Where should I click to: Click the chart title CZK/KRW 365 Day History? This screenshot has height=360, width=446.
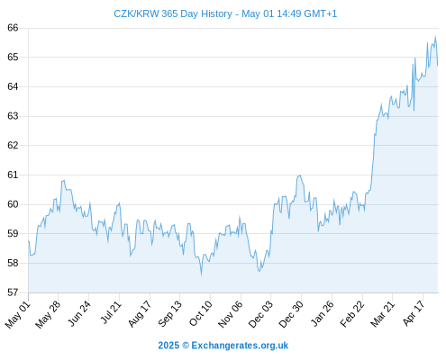pos(173,13)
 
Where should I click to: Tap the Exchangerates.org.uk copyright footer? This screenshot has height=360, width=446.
pos(223,346)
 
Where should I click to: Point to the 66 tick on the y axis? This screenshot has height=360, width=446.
pos(13,28)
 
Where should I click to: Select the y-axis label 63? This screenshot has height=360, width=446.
pos(13,116)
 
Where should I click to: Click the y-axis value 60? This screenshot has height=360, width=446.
pos(13,204)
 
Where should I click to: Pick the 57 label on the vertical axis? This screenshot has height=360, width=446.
pos(13,292)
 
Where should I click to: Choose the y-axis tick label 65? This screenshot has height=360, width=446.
pos(13,57)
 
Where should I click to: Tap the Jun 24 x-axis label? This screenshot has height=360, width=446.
pos(79,313)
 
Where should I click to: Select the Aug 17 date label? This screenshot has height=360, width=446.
pos(140,314)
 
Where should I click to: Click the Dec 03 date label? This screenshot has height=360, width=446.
pos(260,314)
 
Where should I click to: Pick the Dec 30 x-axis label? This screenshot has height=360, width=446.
pos(291,314)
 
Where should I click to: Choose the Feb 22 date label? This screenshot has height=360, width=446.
pos(352,314)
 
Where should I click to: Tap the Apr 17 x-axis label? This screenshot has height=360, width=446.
pos(414,313)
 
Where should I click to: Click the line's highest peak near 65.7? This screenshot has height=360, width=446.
pos(435,36)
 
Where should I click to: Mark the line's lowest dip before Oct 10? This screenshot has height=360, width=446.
pos(201,274)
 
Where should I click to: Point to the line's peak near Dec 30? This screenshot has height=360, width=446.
pos(300,175)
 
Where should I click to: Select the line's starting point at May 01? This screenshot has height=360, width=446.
pos(29,241)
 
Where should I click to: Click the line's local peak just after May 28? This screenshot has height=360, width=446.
pos(64,180)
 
